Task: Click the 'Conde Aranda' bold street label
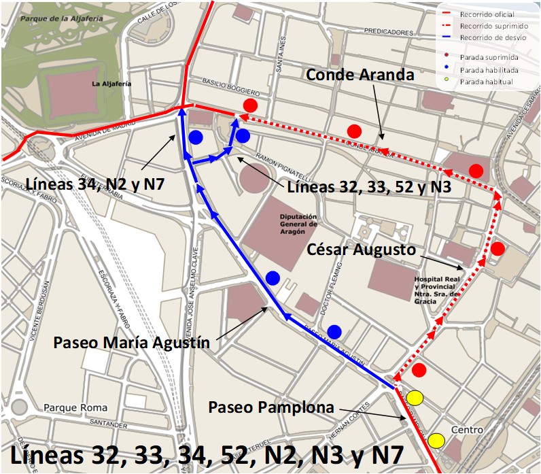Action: [360, 75]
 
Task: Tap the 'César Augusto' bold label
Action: [361, 250]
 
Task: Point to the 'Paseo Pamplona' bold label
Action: [271, 407]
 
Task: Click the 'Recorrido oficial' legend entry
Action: [487, 14]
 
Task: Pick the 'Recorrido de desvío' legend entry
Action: [491, 37]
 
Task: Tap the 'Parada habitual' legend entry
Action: [486, 82]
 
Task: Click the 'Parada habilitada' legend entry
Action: [489, 69]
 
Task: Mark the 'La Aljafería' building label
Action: [111, 84]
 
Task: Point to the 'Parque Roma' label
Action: [75, 408]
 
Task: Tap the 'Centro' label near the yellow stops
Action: [467, 430]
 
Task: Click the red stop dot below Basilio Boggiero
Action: [251, 105]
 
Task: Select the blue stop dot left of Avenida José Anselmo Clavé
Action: [196, 137]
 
